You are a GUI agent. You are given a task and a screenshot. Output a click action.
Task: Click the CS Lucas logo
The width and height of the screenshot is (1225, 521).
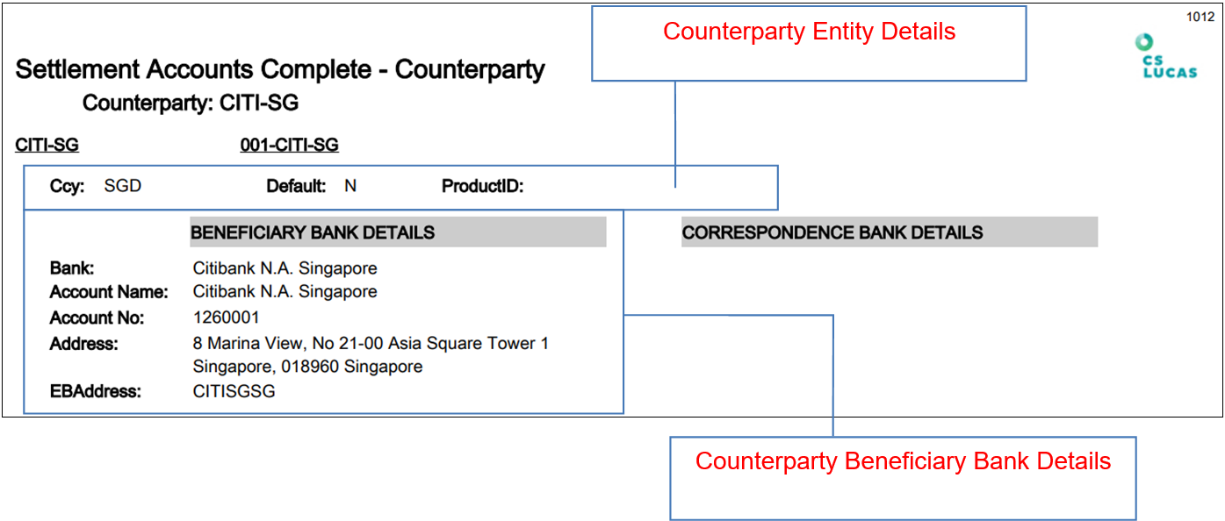(1166, 56)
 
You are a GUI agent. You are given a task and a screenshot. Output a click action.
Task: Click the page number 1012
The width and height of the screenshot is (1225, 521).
(1200, 17)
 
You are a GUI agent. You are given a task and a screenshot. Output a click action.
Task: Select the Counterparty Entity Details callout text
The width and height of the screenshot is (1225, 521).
(809, 32)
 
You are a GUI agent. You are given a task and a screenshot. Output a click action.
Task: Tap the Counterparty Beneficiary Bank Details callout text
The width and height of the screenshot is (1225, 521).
(903, 461)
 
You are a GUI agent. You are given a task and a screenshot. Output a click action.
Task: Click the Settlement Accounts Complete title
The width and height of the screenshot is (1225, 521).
(280, 69)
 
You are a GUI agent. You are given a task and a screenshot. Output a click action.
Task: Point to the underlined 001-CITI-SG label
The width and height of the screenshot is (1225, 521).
(289, 146)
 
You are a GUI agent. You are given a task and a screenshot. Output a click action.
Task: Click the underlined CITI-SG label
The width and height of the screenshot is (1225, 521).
(47, 146)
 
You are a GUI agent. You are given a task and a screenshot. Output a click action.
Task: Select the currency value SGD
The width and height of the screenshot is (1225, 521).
(122, 186)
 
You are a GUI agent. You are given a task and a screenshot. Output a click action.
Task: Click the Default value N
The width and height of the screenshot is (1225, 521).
(350, 186)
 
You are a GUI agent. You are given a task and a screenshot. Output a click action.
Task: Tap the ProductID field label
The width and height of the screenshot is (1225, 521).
(482, 186)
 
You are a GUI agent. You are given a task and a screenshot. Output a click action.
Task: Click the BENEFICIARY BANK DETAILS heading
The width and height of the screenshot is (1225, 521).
(313, 232)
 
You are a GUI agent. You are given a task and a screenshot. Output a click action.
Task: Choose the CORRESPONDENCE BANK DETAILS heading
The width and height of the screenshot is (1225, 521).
(832, 232)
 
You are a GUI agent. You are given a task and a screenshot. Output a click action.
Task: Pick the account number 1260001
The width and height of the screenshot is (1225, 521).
(226, 318)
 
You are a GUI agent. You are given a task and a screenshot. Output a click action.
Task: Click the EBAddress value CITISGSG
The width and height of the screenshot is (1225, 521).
(234, 391)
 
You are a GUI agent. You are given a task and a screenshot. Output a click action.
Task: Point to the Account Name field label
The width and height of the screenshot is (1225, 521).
(109, 292)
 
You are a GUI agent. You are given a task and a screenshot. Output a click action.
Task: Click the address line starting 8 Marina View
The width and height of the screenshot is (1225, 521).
(371, 344)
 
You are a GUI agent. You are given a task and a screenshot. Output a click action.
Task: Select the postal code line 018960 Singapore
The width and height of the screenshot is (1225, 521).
(307, 367)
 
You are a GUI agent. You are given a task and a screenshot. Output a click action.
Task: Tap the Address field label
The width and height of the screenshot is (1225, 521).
(83, 344)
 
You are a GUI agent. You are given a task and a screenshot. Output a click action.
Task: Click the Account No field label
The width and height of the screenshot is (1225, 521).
(97, 318)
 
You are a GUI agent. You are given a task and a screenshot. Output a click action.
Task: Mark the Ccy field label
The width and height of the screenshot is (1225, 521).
(67, 186)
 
